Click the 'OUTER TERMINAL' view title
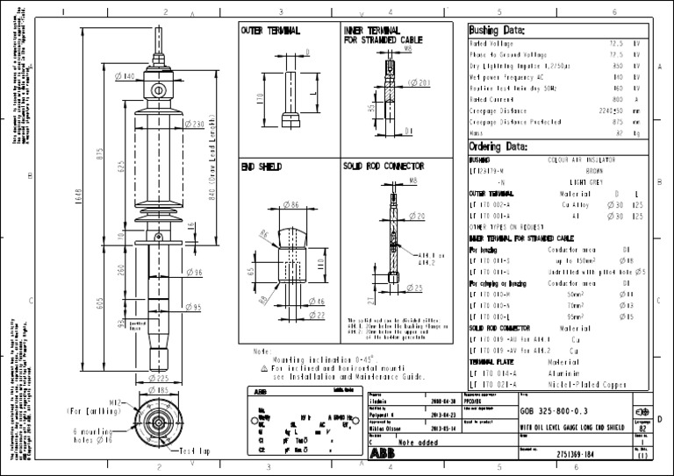tap(270, 31)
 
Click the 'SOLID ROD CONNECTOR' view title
tap(384, 165)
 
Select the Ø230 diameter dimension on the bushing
tap(194, 124)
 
